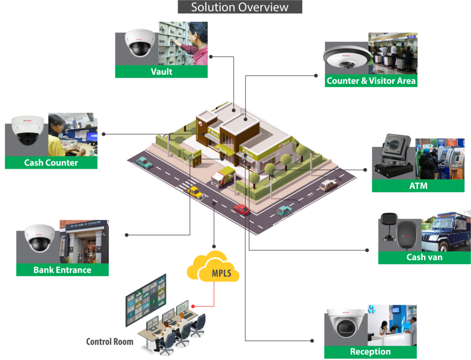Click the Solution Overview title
tap(240, 7)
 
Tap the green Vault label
tap(161, 71)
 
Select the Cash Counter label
tap(51, 163)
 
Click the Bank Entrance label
tap(62, 270)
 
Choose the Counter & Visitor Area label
tap(371, 81)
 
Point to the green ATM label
tap(418, 186)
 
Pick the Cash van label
tap(424, 257)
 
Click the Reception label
tap(370, 352)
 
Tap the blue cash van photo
tap(446, 231)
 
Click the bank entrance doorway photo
tap(84, 241)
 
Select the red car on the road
tap(241, 209)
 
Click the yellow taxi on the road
tap(195, 192)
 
